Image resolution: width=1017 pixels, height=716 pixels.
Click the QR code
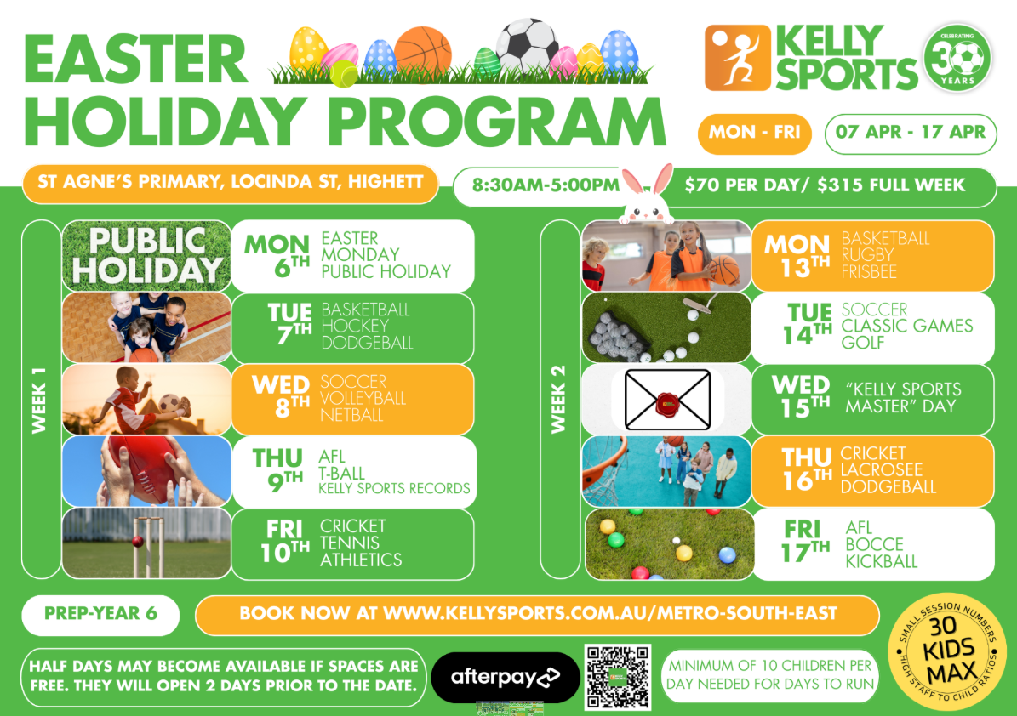[x=618, y=677]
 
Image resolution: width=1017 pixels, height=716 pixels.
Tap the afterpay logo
[x=505, y=678]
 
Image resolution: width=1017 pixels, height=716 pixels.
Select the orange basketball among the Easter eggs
[x=422, y=53]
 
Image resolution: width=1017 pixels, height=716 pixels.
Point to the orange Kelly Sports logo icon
[x=738, y=58]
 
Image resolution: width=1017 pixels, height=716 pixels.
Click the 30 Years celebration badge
[x=957, y=58]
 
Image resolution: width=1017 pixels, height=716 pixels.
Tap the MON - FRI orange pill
[x=754, y=133]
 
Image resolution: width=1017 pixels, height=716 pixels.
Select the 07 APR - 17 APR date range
[x=910, y=133]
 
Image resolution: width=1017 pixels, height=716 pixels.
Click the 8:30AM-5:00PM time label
[x=546, y=185]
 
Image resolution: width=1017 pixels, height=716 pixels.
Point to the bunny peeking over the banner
[x=646, y=195]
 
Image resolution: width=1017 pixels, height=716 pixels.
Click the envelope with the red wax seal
[x=667, y=400]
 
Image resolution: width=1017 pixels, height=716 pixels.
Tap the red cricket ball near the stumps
[x=138, y=541]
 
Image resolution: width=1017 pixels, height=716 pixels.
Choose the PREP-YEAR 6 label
[x=100, y=614]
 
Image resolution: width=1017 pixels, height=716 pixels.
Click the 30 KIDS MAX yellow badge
[x=946, y=652]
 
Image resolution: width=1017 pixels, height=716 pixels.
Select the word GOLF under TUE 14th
[x=863, y=343]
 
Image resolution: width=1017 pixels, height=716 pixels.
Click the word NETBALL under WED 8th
[x=351, y=415]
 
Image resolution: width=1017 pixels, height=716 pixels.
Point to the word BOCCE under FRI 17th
[x=874, y=544]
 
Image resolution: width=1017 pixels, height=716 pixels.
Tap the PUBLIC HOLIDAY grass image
[x=146, y=256]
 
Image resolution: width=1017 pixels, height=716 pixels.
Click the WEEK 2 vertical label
[x=558, y=399]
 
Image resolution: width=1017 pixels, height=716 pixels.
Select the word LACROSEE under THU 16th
[x=882, y=469]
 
